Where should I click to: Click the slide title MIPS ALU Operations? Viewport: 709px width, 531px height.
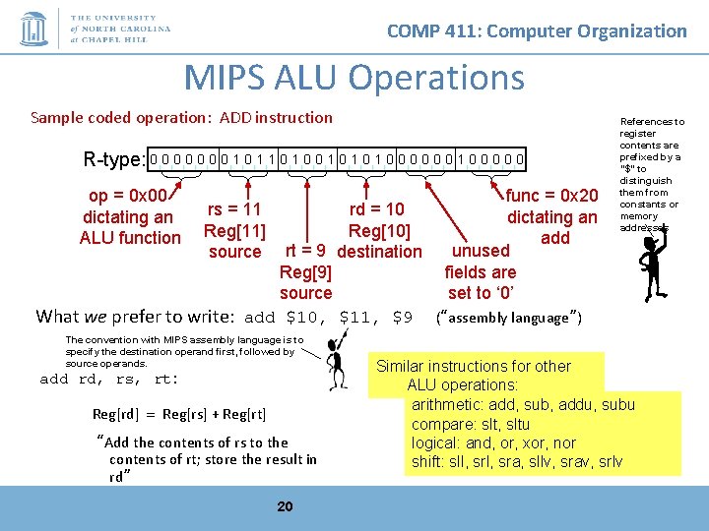354,77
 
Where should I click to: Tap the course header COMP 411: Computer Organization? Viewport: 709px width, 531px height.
537,30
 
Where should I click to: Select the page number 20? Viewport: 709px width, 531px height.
285,506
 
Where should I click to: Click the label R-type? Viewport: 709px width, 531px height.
114,159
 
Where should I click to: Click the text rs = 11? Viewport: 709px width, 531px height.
234,208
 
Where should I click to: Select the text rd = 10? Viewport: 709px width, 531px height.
377,208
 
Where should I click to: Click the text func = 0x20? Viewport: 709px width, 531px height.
551,196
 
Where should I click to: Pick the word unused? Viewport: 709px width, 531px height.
481,251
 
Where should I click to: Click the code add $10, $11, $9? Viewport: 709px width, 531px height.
328,317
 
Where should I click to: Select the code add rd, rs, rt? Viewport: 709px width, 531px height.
109,379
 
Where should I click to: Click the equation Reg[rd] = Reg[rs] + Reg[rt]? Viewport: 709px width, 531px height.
179,414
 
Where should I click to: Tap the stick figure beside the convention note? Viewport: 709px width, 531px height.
337,365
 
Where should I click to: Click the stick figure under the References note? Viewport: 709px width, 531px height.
651,265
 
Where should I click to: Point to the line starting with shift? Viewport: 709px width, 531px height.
516,461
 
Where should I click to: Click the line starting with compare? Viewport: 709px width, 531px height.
471,424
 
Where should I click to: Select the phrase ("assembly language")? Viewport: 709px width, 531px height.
508,318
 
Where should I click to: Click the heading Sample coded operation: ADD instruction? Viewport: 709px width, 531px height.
182,117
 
